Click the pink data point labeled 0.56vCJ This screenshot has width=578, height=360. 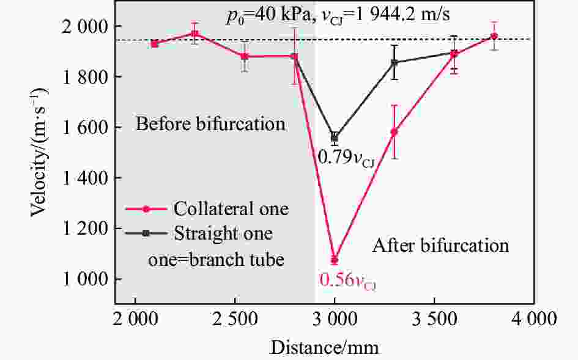click(x=334, y=260)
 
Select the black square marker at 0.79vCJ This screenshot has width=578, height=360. click(x=334, y=137)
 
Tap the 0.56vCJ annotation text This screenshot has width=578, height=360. click(x=347, y=281)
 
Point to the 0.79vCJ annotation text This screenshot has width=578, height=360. click(x=346, y=158)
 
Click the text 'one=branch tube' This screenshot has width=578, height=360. click(x=217, y=259)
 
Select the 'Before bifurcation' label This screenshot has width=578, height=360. click(x=210, y=124)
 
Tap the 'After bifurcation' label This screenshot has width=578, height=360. click(x=440, y=246)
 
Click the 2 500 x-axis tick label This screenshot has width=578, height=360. click(x=235, y=319)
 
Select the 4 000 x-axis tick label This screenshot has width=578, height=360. click(x=533, y=319)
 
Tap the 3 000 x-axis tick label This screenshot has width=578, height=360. click(x=335, y=319)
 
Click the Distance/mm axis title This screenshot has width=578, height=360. click(x=325, y=347)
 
